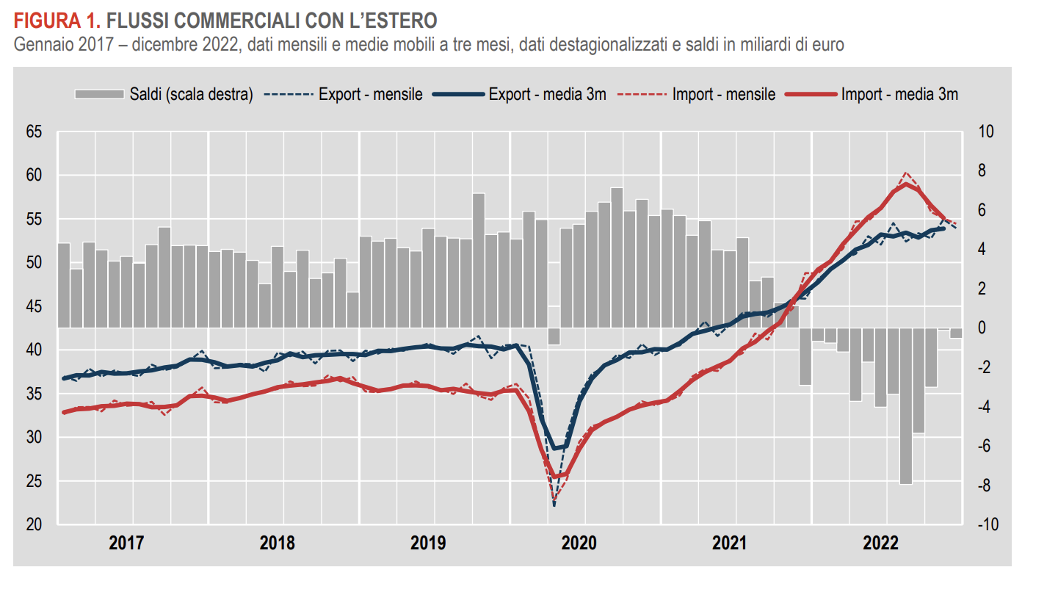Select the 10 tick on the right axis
985,132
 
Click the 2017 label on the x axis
126,544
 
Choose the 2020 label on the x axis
579,544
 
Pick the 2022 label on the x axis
880,544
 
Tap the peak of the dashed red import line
906,173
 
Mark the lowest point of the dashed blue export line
554,505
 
